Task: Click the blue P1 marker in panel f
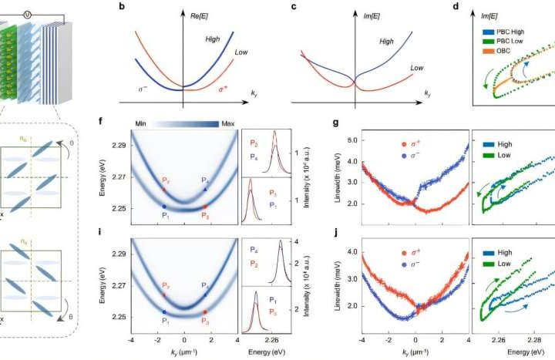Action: click(164, 206)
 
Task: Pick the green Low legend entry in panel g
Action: click(505, 155)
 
